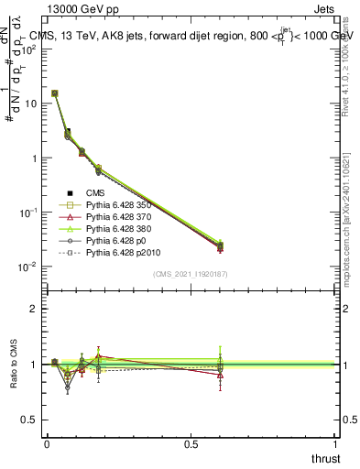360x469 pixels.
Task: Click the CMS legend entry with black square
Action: [96, 192]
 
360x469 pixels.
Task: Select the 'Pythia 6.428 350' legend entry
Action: [121, 204]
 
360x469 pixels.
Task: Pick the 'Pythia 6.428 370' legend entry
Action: [121, 216]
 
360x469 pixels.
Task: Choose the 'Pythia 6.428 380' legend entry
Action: [121, 228]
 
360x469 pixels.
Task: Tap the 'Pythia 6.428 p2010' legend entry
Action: [125, 252]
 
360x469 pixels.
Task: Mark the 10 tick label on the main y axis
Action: [32, 104]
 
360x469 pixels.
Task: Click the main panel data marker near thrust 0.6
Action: [221, 245]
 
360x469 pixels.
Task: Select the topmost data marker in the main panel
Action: [54, 93]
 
